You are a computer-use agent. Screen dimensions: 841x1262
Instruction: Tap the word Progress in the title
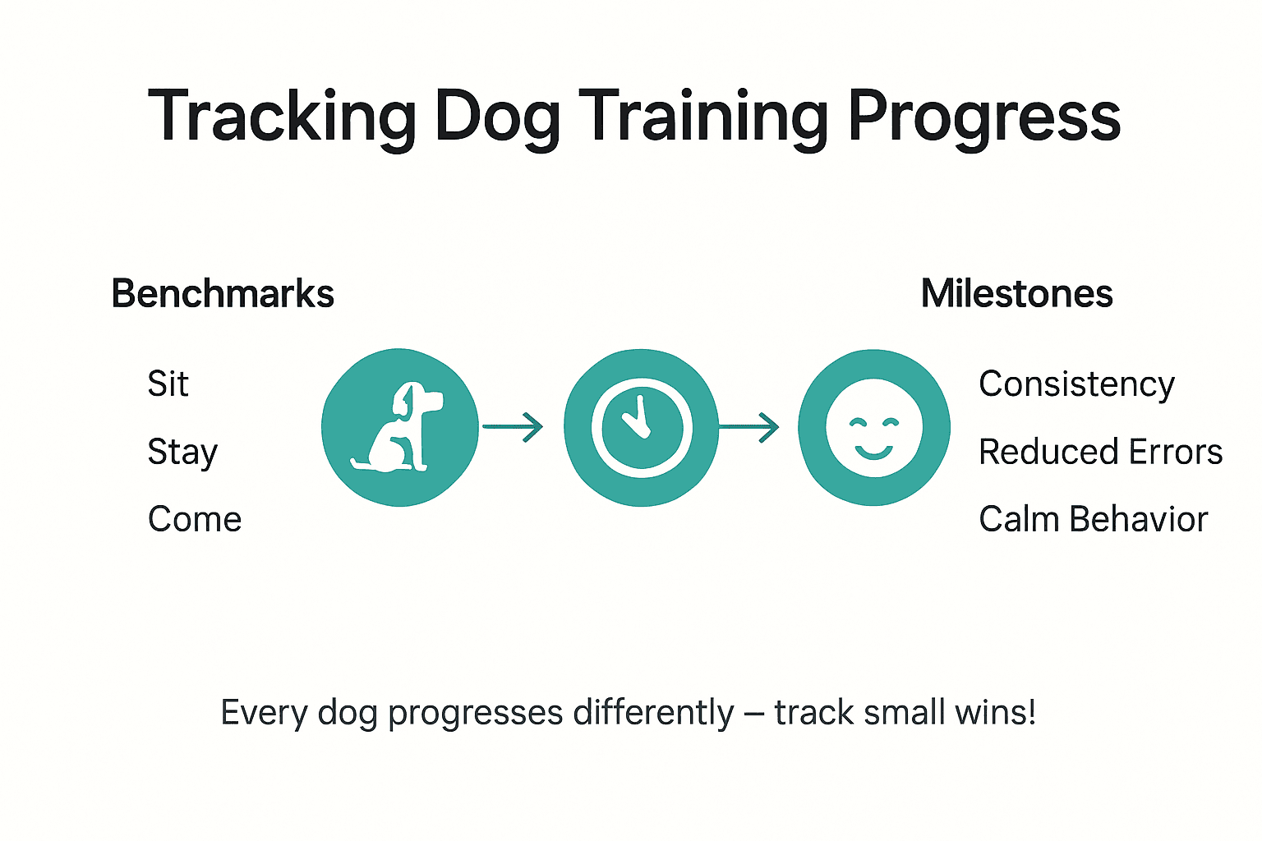(984, 117)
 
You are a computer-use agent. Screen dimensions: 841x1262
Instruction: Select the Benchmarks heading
(223, 294)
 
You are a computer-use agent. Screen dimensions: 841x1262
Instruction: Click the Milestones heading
(1016, 294)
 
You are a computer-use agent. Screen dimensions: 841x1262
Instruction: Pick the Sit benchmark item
(168, 384)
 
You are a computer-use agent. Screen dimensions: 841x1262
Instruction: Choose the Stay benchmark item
(182, 452)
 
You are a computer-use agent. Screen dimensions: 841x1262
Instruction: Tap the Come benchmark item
(195, 519)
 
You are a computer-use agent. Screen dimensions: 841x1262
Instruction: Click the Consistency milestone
(1076, 384)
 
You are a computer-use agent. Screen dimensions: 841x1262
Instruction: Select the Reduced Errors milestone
(1100, 452)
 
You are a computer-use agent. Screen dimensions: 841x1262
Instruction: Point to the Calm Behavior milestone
(1093, 519)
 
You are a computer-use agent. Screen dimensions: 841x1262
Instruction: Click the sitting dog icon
(399, 427)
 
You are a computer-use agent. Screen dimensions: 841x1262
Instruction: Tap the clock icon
(641, 427)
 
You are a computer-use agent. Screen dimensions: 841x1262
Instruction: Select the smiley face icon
(874, 427)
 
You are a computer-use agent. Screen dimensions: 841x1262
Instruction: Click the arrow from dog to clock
(514, 427)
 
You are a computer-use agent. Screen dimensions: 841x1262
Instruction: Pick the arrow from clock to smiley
(748, 427)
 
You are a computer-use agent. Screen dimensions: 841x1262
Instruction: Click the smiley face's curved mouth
(873, 452)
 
